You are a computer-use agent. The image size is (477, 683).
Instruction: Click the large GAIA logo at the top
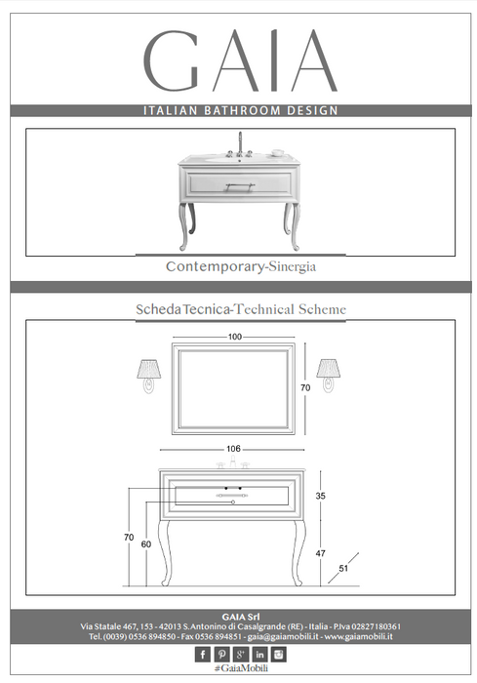(240, 60)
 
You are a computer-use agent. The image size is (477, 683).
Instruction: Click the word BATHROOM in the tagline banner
(243, 110)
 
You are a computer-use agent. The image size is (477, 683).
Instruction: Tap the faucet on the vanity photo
(240, 144)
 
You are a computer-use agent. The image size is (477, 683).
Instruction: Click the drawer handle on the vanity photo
(240, 186)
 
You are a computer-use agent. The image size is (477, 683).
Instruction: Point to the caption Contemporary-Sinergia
(241, 266)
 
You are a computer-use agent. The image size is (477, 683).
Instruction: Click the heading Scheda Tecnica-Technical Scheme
(241, 309)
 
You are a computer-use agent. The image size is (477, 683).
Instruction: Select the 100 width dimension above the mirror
(235, 337)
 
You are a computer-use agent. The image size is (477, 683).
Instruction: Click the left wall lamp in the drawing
(149, 376)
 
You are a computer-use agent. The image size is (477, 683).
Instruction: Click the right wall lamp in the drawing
(329, 376)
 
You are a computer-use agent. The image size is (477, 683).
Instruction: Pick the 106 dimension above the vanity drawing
(233, 449)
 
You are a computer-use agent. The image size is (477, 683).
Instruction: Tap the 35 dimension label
(321, 496)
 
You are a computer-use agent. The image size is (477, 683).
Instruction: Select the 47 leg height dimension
(321, 553)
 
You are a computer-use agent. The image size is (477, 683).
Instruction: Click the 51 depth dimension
(343, 568)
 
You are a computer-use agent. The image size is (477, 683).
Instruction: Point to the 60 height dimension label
(146, 544)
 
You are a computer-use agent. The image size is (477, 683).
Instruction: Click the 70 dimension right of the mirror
(305, 387)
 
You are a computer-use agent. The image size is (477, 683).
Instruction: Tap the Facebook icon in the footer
(203, 655)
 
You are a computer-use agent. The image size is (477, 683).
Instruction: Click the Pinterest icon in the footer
(221, 655)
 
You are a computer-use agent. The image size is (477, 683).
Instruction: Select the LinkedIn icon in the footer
(259, 655)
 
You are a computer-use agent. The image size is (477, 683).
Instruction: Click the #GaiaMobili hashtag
(241, 668)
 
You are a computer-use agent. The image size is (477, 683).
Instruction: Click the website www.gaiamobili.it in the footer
(359, 636)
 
